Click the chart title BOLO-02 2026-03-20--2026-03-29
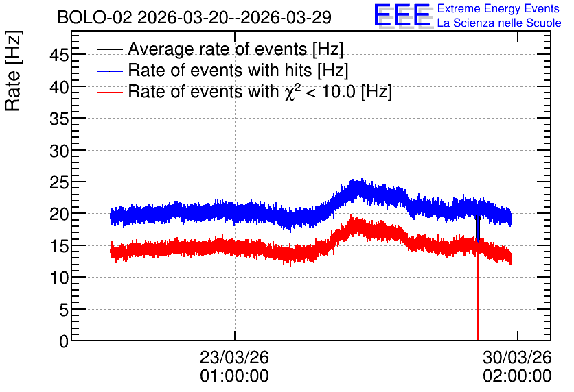pos(194,17)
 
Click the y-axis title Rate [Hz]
pos(13,71)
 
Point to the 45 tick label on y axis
pos(59,56)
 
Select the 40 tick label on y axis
pos(59,87)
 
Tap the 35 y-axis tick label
pos(59,119)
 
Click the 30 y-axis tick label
pos(59,151)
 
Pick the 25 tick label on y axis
pos(59,183)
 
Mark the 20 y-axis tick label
pos(59,215)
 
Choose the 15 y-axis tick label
pos(59,247)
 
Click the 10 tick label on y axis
pos(59,278)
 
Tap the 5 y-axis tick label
pos(64,310)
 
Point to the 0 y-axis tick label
pos(64,341)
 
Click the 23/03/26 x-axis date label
pos(234,357)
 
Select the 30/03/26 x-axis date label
pos(517,357)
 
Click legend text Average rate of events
pos(218,49)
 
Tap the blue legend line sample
pos(109,71)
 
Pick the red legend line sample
pos(109,92)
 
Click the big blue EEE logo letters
pos(402,15)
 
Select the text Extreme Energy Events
pos(498,8)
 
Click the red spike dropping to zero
pos(478,292)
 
